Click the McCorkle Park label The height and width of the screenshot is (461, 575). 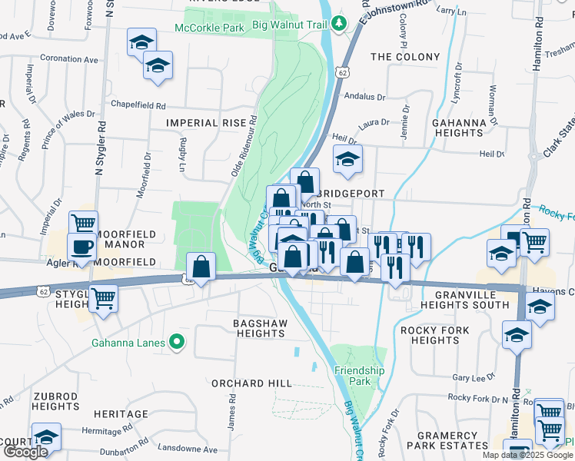point(209,28)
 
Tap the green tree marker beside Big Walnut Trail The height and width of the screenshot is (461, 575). point(338,23)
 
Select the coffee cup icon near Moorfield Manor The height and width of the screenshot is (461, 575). point(81,247)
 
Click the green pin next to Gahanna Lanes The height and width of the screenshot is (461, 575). point(178,343)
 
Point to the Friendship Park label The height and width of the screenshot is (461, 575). point(359,376)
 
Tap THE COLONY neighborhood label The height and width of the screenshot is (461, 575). point(405,57)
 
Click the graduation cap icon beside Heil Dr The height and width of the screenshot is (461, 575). point(347,160)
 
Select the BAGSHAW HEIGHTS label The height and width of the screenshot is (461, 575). point(260,328)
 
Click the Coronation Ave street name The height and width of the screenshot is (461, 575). point(70,59)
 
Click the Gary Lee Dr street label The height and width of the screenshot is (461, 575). point(472,378)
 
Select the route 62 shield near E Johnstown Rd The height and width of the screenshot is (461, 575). point(342,72)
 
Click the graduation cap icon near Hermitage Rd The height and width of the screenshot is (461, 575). point(46,437)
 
